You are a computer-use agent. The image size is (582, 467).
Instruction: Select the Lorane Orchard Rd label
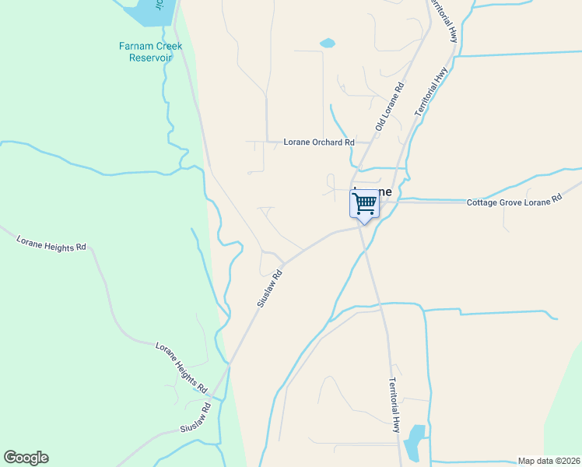coord(318,142)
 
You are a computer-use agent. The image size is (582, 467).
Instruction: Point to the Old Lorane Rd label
coord(390,107)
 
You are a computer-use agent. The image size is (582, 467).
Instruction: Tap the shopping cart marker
coord(365,205)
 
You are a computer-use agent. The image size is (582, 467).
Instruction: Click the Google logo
coord(26,458)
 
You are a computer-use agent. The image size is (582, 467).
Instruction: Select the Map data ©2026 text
coord(548,461)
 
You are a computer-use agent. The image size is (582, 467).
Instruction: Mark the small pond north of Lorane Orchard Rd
coord(328,43)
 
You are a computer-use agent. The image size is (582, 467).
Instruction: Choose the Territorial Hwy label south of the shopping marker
coord(394,405)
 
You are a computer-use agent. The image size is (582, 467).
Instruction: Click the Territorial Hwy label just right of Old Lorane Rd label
coord(433,92)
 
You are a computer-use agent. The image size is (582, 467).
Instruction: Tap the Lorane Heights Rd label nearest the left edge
coord(51,241)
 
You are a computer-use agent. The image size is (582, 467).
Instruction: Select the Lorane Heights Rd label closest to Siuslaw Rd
coord(181,367)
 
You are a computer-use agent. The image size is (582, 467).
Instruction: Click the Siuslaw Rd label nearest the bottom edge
coord(196,420)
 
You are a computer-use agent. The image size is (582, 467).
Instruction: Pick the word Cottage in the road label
coord(483,202)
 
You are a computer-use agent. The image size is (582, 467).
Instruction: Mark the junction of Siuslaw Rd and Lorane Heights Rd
coord(230,363)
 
